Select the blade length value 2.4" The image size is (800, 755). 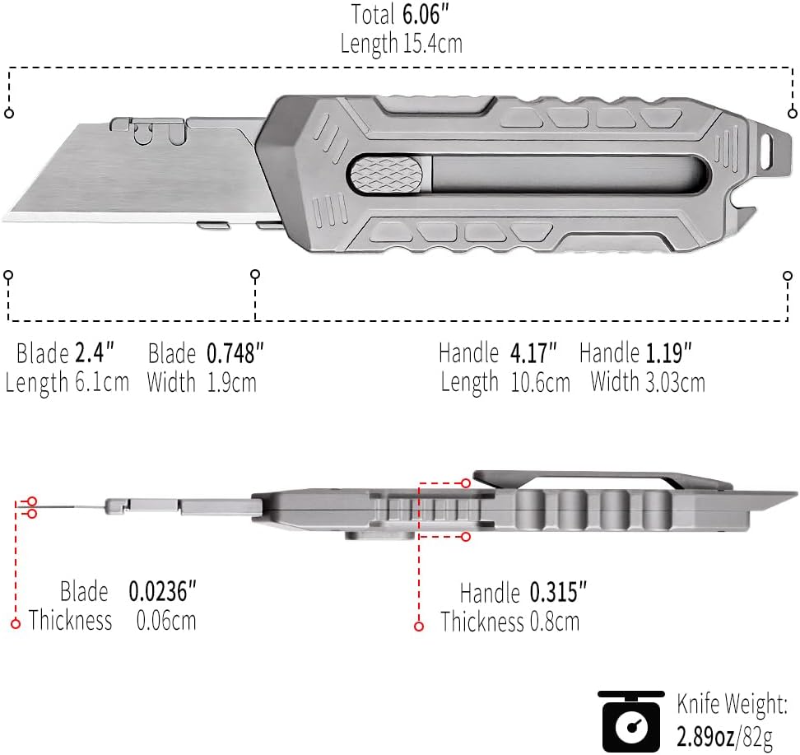(94, 354)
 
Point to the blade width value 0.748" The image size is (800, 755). (235, 354)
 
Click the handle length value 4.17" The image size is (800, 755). (533, 354)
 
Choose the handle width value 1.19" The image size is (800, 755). (667, 354)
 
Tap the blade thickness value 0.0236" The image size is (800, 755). (163, 591)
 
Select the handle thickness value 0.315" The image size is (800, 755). (558, 593)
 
